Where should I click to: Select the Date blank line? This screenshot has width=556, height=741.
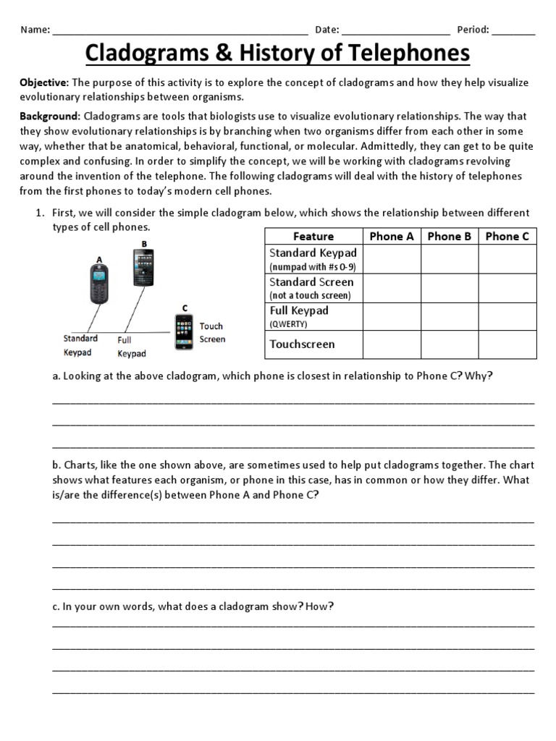coord(395,30)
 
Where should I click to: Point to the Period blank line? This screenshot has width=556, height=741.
coord(515,30)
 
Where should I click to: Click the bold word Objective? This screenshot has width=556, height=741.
coord(43,82)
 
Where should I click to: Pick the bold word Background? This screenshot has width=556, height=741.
coord(49,116)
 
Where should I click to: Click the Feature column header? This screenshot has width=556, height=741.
coord(313,236)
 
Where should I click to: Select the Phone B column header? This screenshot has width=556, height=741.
coord(449,236)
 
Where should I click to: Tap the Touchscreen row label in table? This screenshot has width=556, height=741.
coord(302,344)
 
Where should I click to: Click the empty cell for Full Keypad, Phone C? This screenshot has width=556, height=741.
coord(507,316)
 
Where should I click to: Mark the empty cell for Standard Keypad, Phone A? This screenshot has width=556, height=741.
coord(391,259)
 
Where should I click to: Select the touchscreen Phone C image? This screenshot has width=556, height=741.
coord(183,332)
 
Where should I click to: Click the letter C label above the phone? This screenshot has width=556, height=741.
coord(185,308)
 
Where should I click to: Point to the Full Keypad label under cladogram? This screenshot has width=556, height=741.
coord(131,346)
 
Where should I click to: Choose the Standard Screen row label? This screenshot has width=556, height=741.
coord(311,282)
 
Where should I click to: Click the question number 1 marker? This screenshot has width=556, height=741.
coord(40,213)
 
